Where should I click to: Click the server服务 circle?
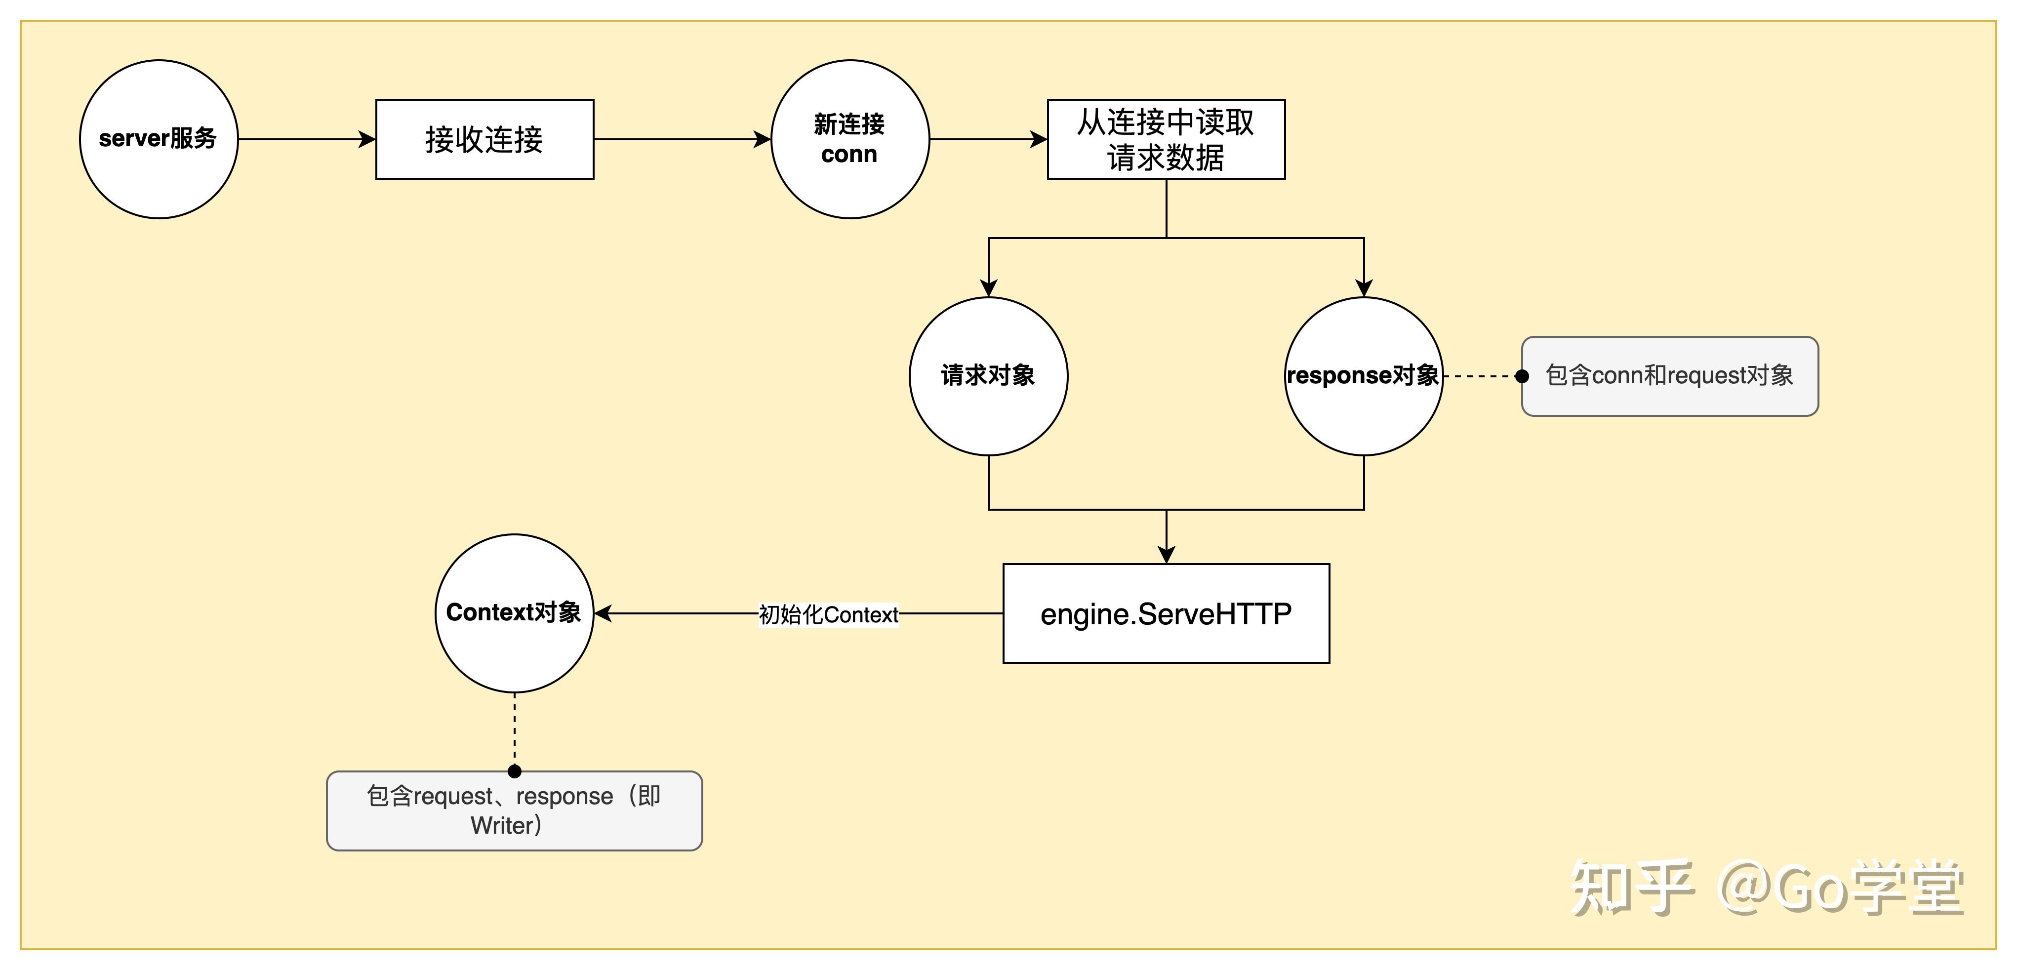(x=159, y=139)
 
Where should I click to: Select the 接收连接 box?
(x=484, y=139)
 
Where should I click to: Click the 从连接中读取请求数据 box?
(x=1166, y=139)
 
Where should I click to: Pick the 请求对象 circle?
(x=988, y=376)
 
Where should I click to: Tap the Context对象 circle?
(x=515, y=613)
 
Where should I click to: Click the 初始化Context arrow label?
(x=828, y=614)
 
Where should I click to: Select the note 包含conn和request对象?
(x=1669, y=376)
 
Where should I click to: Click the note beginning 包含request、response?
(x=515, y=811)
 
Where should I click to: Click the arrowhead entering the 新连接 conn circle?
(x=763, y=139)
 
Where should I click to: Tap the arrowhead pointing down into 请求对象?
(x=988, y=287)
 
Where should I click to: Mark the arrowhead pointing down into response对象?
(x=1364, y=287)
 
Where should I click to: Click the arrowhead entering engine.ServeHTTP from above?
(x=1167, y=554)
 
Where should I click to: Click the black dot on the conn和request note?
(x=1522, y=376)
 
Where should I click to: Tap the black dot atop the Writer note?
(x=515, y=771)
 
